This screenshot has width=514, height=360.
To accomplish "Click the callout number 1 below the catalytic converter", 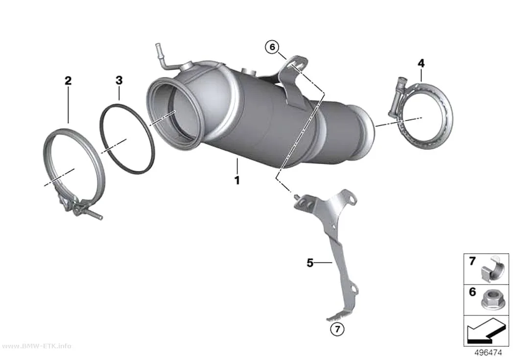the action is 237,180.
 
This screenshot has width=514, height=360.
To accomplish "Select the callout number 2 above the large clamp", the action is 68,80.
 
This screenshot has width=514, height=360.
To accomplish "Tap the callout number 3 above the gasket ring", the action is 119,80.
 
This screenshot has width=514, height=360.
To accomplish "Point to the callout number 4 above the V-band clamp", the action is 421,63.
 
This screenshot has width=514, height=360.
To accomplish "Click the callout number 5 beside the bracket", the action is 310,263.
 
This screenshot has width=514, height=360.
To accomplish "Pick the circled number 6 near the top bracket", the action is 272,47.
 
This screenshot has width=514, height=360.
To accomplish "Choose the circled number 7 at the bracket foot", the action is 338,329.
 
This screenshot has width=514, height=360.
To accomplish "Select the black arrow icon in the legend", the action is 485,331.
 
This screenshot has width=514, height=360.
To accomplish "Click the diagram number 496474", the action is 488,353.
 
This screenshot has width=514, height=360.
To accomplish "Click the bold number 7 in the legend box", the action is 472,262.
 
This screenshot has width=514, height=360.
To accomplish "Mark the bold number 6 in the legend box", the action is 472,291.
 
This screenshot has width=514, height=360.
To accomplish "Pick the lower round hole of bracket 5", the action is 353,289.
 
